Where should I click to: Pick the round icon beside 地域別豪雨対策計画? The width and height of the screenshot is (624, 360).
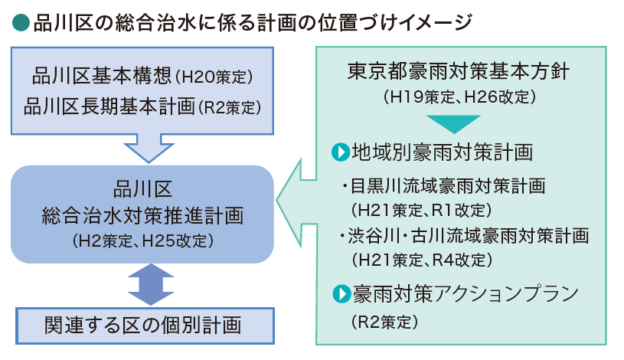coord(339,152)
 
